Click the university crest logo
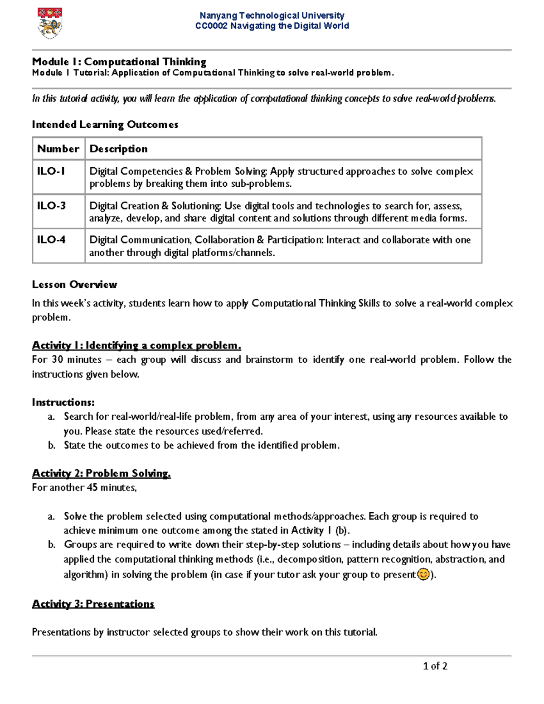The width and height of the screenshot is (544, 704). [49, 23]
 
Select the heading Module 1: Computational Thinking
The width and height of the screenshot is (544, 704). [119, 62]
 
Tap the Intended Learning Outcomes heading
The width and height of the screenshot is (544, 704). [105, 125]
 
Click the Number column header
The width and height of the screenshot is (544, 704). [58, 149]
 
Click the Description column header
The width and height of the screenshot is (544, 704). [118, 149]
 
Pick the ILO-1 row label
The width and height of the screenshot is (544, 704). [51, 171]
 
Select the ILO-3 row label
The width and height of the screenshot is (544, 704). [51, 206]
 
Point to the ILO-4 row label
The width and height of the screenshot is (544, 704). [51, 240]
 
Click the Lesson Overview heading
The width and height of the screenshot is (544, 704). [74, 285]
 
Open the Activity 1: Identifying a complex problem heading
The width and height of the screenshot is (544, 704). [136, 345]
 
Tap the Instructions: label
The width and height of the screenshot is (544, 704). [63, 402]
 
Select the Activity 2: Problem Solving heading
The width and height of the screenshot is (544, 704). [101, 473]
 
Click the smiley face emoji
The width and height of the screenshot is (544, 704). [423, 574]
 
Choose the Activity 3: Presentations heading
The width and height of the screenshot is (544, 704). [93, 604]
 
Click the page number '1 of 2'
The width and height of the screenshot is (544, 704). [435, 666]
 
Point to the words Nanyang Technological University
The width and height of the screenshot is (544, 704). [272, 15]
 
